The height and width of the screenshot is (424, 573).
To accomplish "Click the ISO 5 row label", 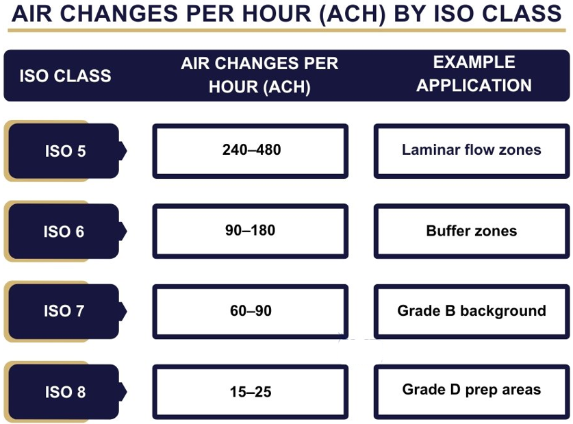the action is coord(66,151).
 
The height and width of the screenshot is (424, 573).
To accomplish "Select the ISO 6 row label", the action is coord(64,232).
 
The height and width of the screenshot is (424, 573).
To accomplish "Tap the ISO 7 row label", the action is coord(64,311).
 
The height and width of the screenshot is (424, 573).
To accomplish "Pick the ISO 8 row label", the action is coord(66,392).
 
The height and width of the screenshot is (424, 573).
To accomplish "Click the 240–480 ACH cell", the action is coord(251,151).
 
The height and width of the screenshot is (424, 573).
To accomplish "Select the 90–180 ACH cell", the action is coord(251,231).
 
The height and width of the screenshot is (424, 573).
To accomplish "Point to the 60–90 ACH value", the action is coord(251,311).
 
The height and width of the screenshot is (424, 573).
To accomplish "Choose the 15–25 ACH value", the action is coord(251,392).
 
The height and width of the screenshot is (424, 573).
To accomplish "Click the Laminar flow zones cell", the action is coord(472,151).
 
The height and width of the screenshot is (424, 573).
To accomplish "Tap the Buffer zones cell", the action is coord(472,231).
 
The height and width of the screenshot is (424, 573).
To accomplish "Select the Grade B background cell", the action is coord(472,312).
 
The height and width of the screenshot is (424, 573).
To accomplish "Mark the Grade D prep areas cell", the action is coord(472,392).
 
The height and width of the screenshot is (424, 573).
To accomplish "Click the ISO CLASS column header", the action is coord(66,75).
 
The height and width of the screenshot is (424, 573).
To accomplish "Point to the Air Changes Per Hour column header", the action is coord(259,75).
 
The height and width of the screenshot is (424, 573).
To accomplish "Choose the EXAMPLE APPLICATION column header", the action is coord(474,74).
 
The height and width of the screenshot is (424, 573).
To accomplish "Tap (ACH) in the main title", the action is coord(353,14).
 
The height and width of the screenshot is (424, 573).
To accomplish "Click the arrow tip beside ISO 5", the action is coord(127,151).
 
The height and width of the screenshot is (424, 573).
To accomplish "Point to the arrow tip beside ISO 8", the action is coord(127,392).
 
